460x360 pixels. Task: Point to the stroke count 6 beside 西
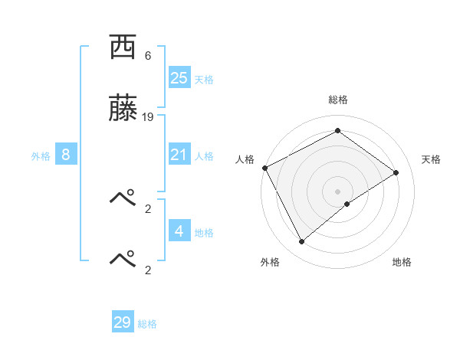(148, 56)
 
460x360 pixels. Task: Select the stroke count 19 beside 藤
(148, 117)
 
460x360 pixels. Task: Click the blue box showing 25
(179, 78)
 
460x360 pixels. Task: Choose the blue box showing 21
(179, 155)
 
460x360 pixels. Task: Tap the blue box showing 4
(179, 231)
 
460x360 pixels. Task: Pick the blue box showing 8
(66, 155)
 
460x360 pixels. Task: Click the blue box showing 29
(123, 322)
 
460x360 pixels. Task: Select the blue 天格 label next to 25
(203, 80)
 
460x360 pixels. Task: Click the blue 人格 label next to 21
(203, 156)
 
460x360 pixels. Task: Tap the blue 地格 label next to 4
(203, 233)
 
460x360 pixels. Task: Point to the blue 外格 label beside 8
(41, 156)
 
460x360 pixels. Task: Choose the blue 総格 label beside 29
(147, 324)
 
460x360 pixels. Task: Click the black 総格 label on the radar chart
(337, 100)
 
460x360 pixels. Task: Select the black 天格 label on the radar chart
(431, 159)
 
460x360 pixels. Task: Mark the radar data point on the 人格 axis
(264, 168)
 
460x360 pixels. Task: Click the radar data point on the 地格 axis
(347, 204)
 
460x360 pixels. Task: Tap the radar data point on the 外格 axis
(301, 242)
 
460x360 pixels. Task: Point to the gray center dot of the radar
(337, 191)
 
